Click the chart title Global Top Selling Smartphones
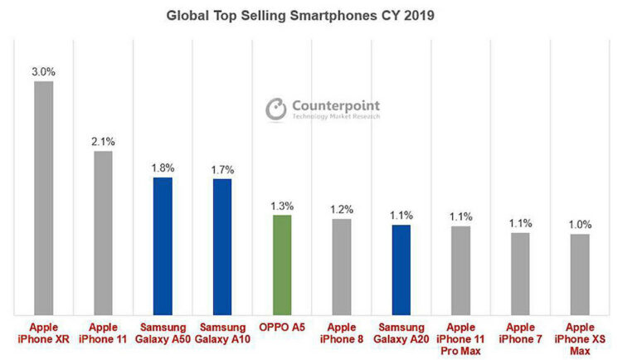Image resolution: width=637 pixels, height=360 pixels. point(299,15)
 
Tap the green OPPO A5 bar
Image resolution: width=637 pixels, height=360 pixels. point(282,265)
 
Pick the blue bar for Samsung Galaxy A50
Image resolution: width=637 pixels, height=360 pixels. point(163,246)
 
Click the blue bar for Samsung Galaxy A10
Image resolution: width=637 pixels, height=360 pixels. point(222,246)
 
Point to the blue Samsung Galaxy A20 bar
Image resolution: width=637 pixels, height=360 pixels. point(401,270)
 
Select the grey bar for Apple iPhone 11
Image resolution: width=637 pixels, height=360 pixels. point(103,232)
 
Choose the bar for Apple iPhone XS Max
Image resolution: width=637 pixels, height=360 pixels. point(580,274)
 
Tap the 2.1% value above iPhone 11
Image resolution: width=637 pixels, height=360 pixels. point(103,141)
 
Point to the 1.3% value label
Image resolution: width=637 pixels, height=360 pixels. point(282,205)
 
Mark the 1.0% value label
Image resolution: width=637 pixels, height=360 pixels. point(580,224)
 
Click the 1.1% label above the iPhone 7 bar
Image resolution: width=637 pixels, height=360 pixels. point(520,222)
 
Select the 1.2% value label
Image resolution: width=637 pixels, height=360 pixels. point(342,209)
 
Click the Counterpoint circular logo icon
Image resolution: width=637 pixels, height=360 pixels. point(275,109)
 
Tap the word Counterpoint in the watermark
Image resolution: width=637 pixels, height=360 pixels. point(335,105)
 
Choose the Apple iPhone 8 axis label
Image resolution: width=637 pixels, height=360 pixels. point(342,333)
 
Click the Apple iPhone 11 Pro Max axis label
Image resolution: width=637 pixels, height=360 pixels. point(461,339)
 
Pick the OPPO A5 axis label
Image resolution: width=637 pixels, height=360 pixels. point(282,328)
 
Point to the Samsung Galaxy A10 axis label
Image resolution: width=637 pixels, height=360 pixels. point(222,333)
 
